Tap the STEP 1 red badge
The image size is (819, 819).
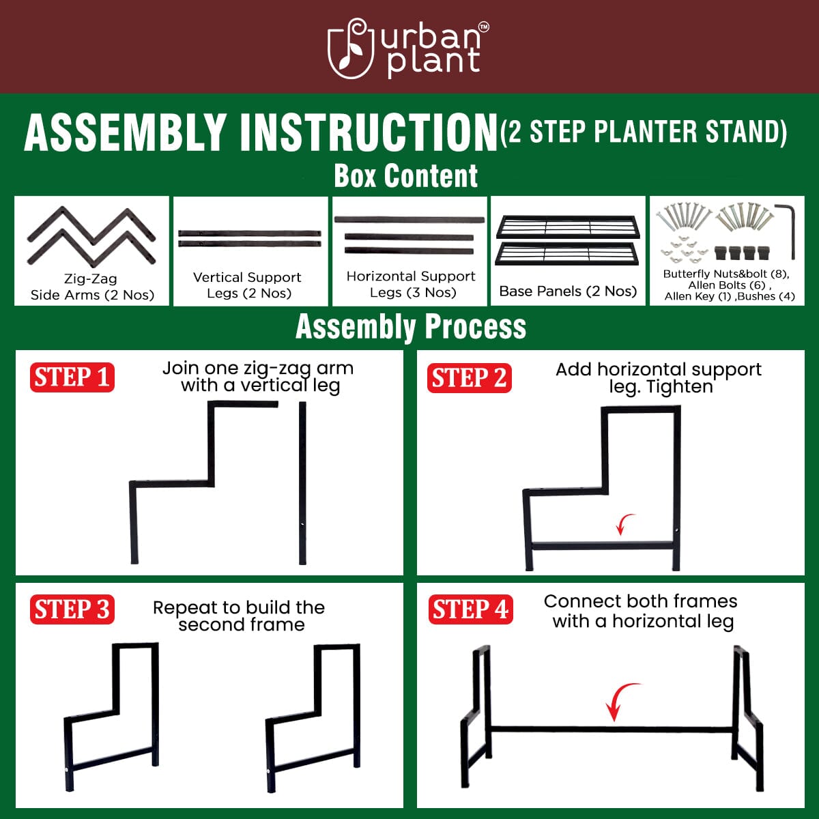point(72,377)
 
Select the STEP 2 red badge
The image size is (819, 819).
point(470,378)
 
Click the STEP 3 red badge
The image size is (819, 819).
point(72,609)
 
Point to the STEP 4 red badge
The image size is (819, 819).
point(470,609)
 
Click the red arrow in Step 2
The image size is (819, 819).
point(624,524)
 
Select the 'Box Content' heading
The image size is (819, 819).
point(406,175)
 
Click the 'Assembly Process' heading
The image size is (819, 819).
point(410,327)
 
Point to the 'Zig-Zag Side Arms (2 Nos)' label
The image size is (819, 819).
point(92,287)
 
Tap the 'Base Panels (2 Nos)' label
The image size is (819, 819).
point(568,291)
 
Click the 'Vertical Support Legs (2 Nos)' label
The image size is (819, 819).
point(248,285)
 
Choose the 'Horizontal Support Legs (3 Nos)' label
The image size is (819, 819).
point(411,285)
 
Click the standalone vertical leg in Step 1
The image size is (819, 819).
point(302,483)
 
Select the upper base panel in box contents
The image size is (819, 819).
point(568,227)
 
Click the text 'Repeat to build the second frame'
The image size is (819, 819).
point(239,616)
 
